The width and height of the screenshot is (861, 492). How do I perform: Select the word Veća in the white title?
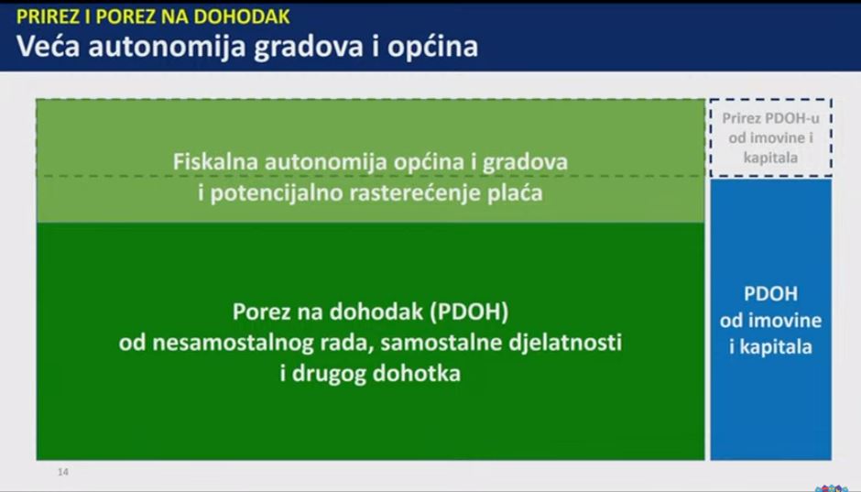(49, 46)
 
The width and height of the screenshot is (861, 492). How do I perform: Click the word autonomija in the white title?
(167, 47)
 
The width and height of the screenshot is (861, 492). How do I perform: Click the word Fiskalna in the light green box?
(215, 161)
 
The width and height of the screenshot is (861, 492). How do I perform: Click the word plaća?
(515, 193)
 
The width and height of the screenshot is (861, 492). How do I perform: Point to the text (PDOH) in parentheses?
(470, 312)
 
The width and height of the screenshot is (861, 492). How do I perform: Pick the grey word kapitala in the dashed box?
(770, 158)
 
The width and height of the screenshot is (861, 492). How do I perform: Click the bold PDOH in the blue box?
(771, 294)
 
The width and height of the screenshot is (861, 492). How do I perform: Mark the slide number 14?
(63, 472)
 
